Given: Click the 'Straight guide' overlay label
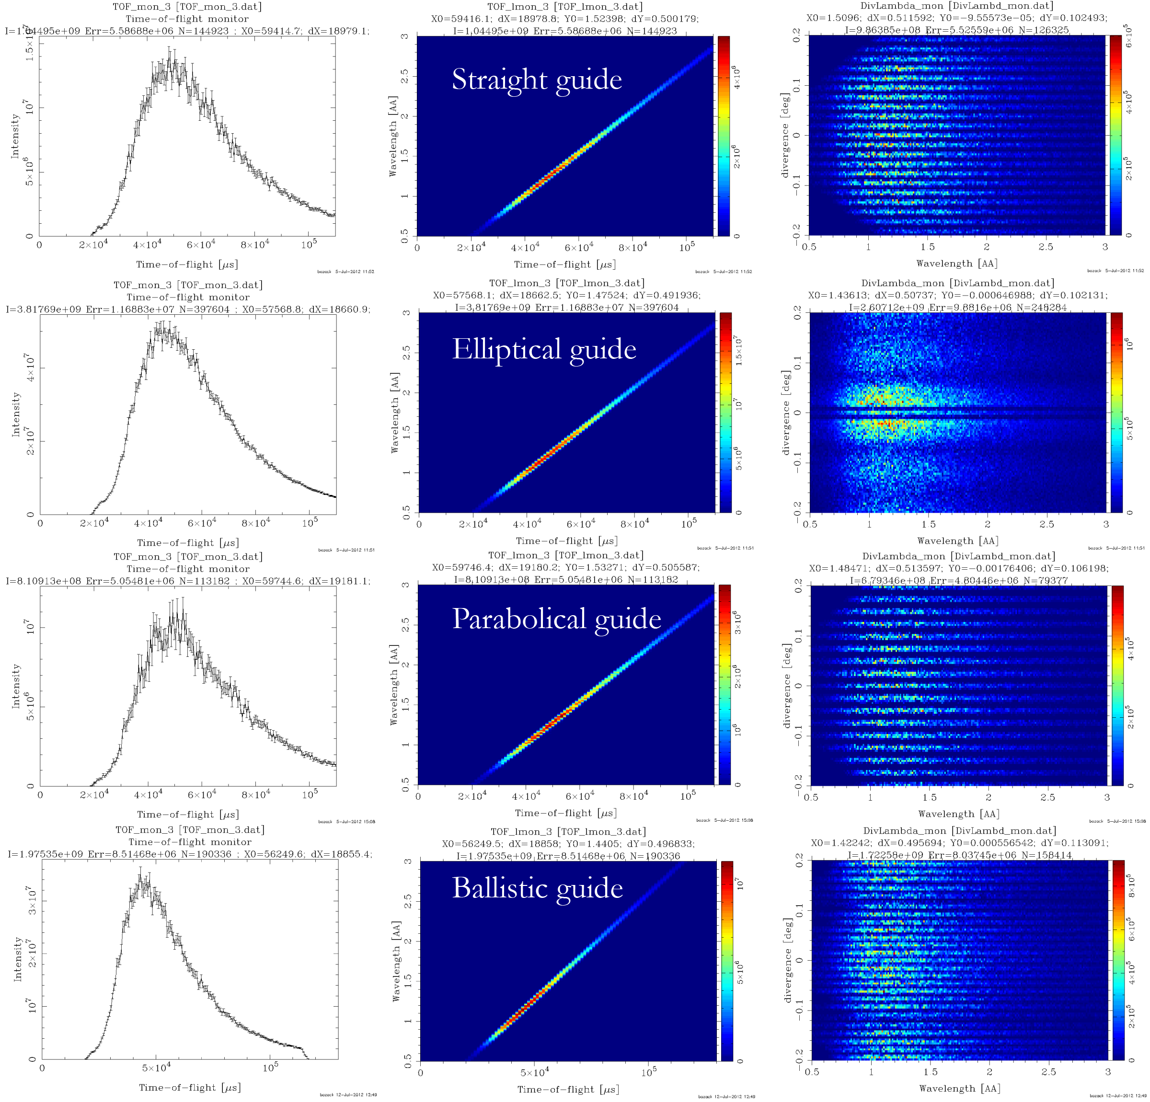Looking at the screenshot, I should click(536, 80).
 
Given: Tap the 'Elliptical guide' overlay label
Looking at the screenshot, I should click(544, 350).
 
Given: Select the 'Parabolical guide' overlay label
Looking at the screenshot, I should click(556, 619).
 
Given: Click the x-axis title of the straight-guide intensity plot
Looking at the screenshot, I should click(186, 264).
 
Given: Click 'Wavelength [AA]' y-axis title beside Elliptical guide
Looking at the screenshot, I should click(395, 413).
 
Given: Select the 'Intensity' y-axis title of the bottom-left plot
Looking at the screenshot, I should click(18, 959).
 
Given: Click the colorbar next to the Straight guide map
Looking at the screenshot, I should click(724, 136).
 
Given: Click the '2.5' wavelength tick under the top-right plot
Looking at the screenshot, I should click(1046, 247).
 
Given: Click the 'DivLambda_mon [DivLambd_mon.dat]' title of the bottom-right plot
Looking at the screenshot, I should click(959, 831).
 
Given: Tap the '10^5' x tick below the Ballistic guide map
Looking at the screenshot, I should click(648, 1071).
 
